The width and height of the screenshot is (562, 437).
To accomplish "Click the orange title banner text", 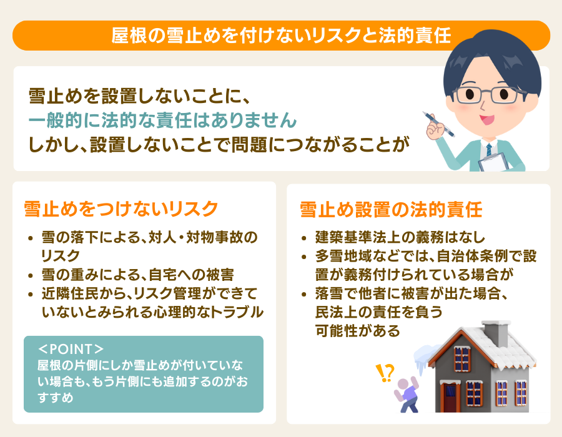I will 281,35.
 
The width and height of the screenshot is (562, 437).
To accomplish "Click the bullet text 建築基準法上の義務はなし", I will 400,238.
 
